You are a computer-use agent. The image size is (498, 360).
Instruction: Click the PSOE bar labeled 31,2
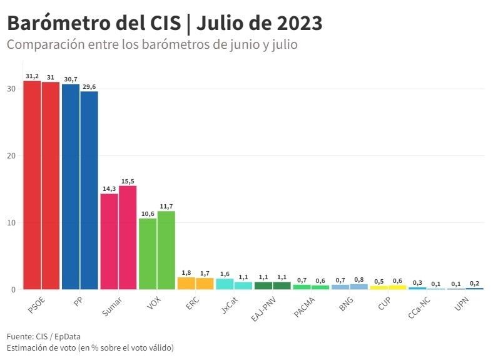pyautogui.click(x=32, y=185)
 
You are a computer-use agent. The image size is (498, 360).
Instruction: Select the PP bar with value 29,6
pyautogui.click(x=89, y=190)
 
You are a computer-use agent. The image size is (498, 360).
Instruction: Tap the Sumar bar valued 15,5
pyautogui.click(x=128, y=237)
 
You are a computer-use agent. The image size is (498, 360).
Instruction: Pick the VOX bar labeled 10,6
pyautogui.click(x=148, y=254)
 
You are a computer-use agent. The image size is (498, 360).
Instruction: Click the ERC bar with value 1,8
pyautogui.click(x=186, y=283)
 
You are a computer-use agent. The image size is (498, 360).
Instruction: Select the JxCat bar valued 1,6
pyautogui.click(x=224, y=284)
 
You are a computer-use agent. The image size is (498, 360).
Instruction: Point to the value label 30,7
pyautogui.click(x=70, y=79)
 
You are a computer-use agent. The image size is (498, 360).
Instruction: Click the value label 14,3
pyautogui.click(x=109, y=188)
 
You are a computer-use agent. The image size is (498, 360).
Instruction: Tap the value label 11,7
pyautogui.click(x=166, y=206)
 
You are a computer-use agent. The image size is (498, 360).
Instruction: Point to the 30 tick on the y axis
pyautogui.click(x=11, y=88)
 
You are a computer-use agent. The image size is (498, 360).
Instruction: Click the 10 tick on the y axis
pyautogui.click(x=11, y=222)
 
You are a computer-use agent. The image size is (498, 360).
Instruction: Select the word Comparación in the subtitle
pyautogui.click(x=43, y=45)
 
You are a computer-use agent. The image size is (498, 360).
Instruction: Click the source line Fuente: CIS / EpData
pyautogui.click(x=43, y=336)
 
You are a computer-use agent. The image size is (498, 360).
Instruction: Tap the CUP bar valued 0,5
pyautogui.click(x=379, y=287)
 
